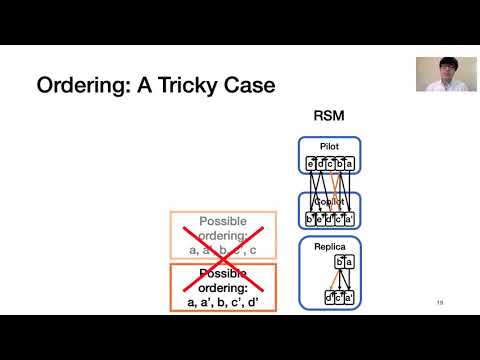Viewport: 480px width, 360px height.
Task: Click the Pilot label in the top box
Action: [329, 146]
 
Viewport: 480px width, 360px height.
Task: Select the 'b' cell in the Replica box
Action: [338, 262]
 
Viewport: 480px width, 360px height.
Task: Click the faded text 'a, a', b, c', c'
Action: [223, 248]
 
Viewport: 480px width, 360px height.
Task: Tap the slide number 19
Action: [439, 303]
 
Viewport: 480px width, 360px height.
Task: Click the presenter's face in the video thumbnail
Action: [441, 73]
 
